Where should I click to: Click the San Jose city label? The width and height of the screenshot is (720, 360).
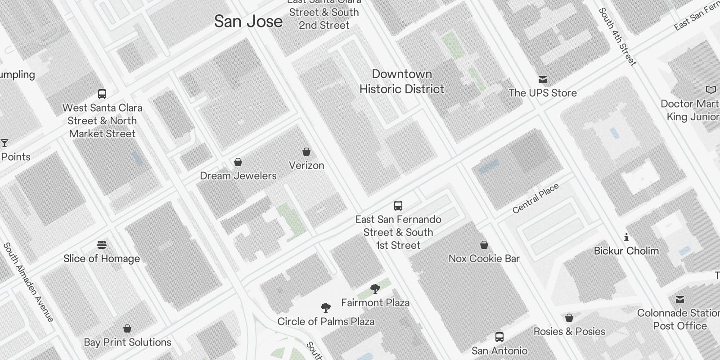pyautogui.click(x=248, y=21)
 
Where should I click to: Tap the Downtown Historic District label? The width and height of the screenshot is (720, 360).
pyautogui.click(x=402, y=81)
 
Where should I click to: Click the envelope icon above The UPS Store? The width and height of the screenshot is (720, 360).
pyautogui.click(x=543, y=80)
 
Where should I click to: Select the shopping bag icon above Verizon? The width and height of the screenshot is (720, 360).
pyautogui.click(x=306, y=152)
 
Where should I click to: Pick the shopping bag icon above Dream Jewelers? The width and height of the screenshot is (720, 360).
pyautogui.click(x=238, y=162)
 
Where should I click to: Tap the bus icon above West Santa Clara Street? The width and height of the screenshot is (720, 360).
pyautogui.click(x=102, y=94)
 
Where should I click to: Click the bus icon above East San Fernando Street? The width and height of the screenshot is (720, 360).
pyautogui.click(x=398, y=206)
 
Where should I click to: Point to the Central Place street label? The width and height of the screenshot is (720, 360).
pyautogui.click(x=535, y=198)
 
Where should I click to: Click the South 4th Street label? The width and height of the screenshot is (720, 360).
pyautogui.click(x=617, y=37)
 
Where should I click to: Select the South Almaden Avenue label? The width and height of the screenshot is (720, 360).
pyautogui.click(x=28, y=282)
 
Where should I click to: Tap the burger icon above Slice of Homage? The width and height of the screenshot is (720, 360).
pyautogui.click(x=102, y=245)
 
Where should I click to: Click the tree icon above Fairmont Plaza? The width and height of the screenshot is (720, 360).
pyautogui.click(x=375, y=289)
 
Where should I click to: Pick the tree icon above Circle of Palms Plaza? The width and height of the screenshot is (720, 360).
pyautogui.click(x=326, y=308)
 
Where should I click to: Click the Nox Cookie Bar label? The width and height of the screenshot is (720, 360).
pyautogui.click(x=484, y=258)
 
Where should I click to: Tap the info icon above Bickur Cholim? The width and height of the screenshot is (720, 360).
pyautogui.click(x=626, y=237)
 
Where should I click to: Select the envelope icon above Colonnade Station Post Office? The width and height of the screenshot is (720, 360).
pyautogui.click(x=680, y=299)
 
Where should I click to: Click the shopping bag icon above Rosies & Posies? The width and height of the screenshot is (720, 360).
pyautogui.click(x=569, y=318)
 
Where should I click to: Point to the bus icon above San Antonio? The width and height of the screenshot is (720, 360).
pyautogui.click(x=499, y=337)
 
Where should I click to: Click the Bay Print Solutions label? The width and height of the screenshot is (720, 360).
pyautogui.click(x=127, y=342)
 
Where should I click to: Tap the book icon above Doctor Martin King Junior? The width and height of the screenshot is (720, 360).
pyautogui.click(x=711, y=90)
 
